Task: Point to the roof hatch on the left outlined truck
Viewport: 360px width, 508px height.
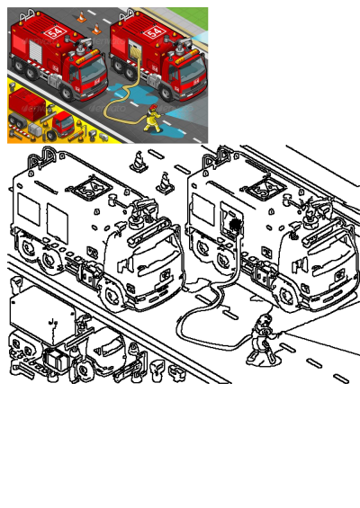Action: click(91, 187)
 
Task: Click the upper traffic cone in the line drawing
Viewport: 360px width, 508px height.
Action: click(138, 162)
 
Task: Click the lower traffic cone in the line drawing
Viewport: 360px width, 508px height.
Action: click(165, 181)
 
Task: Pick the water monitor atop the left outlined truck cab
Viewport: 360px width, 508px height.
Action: click(139, 213)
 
